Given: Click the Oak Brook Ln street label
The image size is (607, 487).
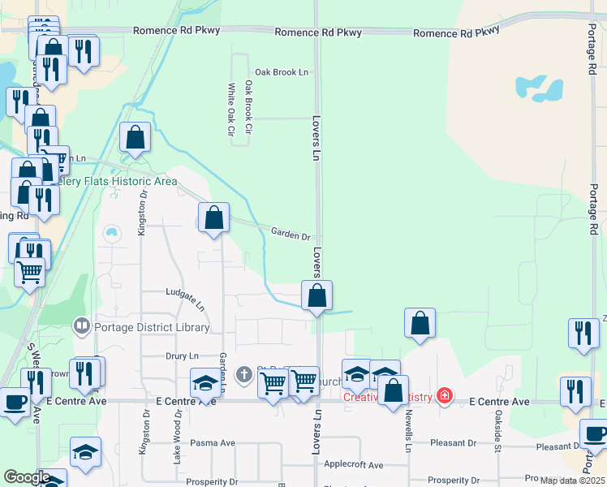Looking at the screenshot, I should [x=282, y=72].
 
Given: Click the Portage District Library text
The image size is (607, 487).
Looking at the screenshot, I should [x=152, y=328].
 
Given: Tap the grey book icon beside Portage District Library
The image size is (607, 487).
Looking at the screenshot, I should [x=81, y=327].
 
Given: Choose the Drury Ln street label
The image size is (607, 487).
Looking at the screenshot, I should [x=182, y=356].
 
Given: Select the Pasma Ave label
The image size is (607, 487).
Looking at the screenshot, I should [x=212, y=443].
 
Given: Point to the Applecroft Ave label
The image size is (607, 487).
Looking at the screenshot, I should [x=353, y=465].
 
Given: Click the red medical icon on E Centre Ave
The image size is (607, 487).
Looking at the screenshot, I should [x=444, y=396].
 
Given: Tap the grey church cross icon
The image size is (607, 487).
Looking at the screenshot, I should [x=243, y=374].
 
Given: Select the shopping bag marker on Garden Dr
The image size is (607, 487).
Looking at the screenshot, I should [x=213, y=218].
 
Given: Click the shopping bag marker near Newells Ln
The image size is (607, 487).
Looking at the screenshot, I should [x=420, y=323].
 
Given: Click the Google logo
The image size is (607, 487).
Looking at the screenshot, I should [x=27, y=477].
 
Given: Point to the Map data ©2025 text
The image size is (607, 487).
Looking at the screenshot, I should [x=571, y=481].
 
